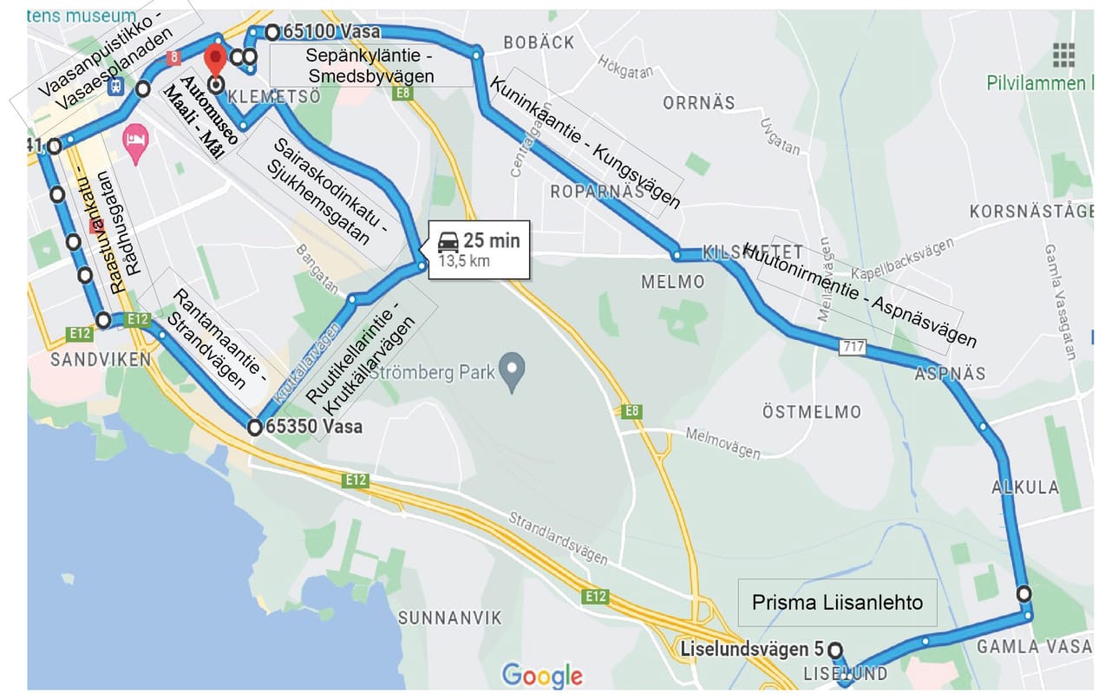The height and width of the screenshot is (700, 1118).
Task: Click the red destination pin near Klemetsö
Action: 214,59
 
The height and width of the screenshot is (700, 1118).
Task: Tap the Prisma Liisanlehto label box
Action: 837,602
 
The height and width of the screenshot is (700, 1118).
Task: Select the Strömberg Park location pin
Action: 513,373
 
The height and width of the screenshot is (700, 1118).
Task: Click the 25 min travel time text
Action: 491,240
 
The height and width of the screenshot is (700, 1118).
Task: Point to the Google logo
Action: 542,676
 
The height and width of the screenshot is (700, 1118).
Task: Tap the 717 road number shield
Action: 853,346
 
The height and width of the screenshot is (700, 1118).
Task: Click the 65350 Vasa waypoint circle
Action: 254,428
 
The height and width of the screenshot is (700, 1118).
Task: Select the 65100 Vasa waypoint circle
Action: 272,32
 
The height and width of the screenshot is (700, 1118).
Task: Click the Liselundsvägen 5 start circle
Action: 834,650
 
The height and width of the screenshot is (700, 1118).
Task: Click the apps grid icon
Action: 1063,55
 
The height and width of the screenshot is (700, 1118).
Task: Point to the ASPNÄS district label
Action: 950,374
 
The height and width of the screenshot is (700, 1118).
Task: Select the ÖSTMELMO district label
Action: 811,411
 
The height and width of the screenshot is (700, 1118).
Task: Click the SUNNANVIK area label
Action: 449,618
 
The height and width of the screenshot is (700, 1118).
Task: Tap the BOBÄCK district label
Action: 539,42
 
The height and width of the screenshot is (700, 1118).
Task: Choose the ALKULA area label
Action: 1025,487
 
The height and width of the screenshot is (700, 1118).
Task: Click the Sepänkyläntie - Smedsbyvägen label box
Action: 370,66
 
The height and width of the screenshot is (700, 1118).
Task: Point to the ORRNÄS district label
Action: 698,103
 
